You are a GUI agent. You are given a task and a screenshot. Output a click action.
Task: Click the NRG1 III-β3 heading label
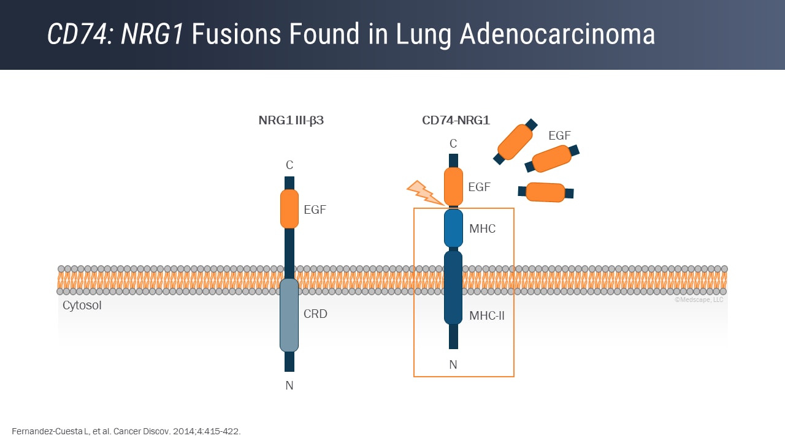coord(291,121)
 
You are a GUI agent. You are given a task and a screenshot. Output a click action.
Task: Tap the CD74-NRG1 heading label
coord(456,121)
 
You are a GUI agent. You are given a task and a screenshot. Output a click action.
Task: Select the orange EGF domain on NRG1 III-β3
coord(289,209)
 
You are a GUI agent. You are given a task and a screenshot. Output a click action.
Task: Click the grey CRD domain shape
coord(289,315)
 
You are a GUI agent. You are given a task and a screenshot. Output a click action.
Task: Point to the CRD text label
coord(315,314)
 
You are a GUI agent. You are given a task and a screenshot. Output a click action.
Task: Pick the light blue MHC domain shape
coord(453,228)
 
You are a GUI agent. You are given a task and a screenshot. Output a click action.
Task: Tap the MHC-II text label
coord(486,316)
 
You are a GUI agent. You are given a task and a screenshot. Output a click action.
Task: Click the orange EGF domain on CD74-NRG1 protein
coord(453,186)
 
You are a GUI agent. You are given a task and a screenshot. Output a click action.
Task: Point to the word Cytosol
coord(82,305)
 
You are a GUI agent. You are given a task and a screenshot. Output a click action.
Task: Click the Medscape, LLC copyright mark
coord(699,300)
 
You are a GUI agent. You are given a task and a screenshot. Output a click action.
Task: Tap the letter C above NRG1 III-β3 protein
coord(289,165)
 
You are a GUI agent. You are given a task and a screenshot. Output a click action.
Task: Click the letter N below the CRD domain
coord(289,386)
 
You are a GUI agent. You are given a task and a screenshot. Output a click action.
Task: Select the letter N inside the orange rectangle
coord(453,365)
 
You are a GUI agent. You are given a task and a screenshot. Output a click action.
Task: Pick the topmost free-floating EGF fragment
coord(515,141)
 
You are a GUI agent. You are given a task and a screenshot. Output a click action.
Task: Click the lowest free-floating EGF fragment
coord(546,192)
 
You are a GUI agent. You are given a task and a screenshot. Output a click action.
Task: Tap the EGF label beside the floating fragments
coord(559,136)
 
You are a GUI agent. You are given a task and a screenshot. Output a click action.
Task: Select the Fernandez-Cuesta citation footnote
coord(126,431)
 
